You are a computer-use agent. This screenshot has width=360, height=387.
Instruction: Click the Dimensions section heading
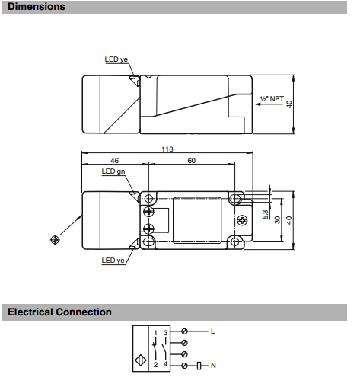37,7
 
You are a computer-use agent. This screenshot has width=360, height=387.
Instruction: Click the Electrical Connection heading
59,312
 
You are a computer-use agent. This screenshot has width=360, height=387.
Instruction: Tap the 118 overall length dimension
167,149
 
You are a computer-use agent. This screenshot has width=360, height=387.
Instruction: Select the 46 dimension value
114,161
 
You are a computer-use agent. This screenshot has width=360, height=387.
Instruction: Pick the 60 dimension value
192,161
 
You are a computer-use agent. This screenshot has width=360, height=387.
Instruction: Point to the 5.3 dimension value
266,215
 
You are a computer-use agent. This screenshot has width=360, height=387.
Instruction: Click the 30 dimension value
278,220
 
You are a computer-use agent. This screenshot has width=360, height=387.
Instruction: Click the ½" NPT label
272,98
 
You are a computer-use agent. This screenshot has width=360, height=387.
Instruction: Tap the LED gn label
113,171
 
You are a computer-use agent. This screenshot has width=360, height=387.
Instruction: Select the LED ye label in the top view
116,59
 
